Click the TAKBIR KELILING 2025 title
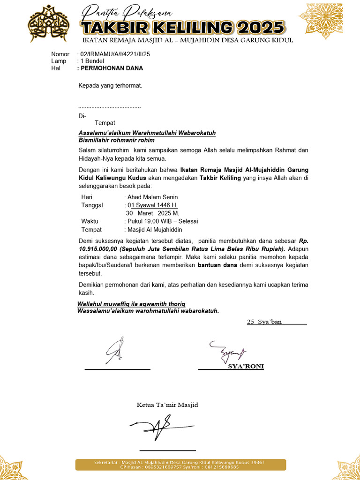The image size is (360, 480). click(x=182, y=27)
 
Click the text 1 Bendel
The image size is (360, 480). click(x=92, y=61)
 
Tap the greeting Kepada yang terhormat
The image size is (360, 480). click(x=110, y=86)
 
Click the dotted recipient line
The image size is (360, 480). click(x=109, y=107)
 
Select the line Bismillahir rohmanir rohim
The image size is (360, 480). click(x=116, y=140)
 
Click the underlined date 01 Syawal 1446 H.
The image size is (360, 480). click(x=152, y=205)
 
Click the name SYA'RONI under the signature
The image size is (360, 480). click(x=246, y=367)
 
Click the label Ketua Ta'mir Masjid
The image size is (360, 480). click(x=167, y=405)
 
